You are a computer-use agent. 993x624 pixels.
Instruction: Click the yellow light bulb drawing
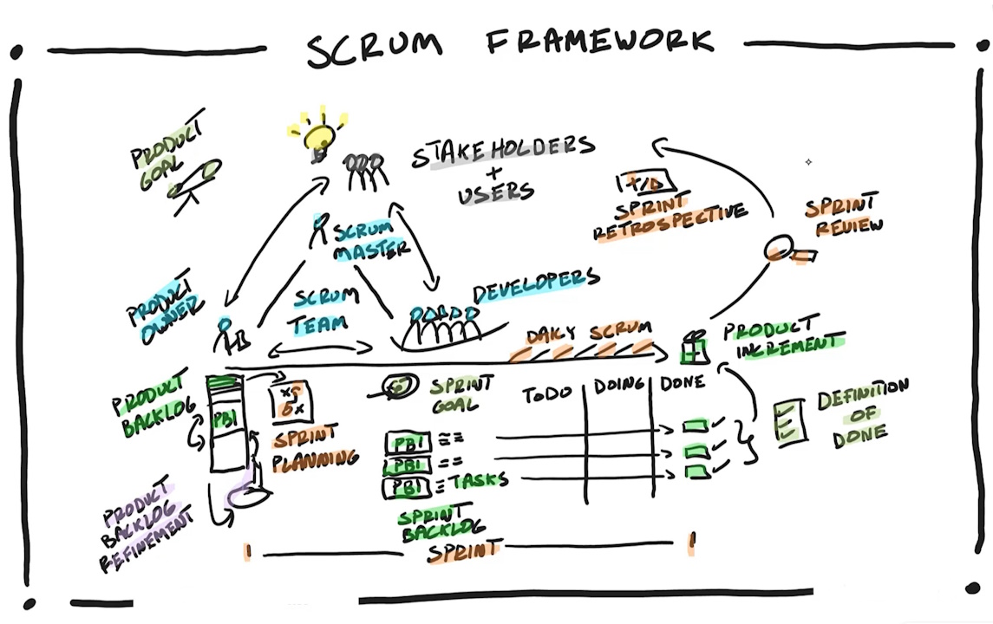coord(317,137)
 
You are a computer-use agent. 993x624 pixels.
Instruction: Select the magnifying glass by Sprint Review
coord(777,251)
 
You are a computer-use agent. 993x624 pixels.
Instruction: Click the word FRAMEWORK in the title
coord(600,42)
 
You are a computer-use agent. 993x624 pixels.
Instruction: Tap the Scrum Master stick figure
coord(321,227)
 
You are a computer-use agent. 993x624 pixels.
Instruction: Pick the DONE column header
coord(683,382)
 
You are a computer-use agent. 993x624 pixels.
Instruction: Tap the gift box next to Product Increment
coord(695,348)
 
